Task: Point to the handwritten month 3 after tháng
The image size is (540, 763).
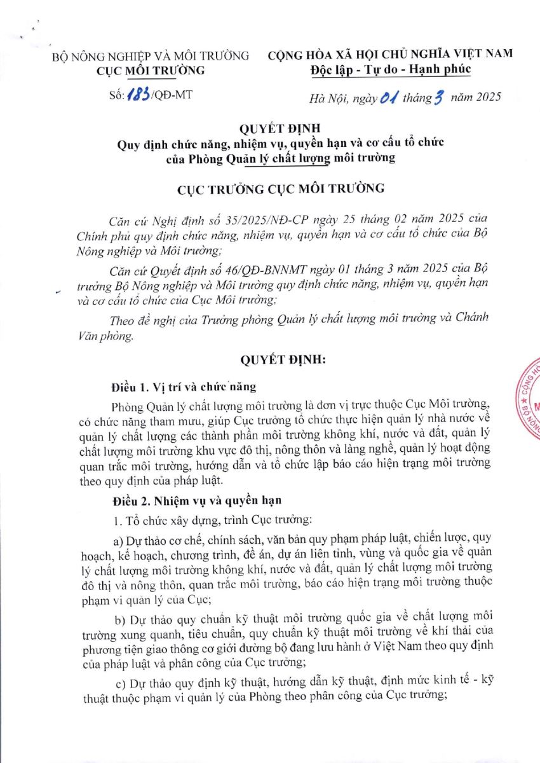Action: coord(436,97)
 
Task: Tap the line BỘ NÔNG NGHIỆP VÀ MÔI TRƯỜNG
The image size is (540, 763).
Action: coord(151,56)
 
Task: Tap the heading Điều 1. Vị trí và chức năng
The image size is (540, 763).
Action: coord(184,388)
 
